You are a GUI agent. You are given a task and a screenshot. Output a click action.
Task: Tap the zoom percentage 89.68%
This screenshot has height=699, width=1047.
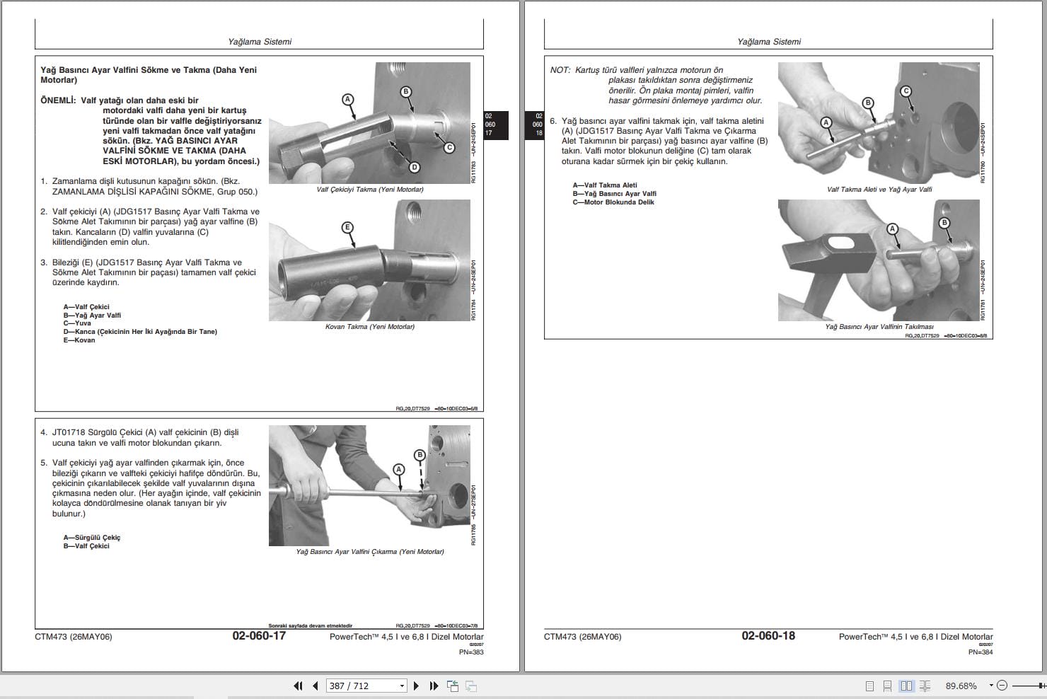(961, 686)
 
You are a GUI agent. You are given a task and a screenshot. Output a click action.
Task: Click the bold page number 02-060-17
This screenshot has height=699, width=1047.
(259, 635)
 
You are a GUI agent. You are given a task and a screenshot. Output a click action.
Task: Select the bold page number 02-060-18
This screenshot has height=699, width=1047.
(768, 635)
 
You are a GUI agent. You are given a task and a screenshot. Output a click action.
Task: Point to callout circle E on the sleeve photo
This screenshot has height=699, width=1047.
(347, 227)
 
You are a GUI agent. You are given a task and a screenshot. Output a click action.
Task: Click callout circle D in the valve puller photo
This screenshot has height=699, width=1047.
(415, 167)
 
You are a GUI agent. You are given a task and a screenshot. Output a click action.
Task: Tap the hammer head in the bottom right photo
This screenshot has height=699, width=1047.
(828, 258)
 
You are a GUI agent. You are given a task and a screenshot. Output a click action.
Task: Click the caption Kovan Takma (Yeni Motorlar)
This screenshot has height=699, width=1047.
(369, 327)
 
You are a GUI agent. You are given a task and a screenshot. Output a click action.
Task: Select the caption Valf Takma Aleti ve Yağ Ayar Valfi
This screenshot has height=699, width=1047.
(879, 190)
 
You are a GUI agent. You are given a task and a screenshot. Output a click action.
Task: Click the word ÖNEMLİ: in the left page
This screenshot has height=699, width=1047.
(58, 100)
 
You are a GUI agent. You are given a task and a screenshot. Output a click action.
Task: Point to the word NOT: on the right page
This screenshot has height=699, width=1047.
(560, 70)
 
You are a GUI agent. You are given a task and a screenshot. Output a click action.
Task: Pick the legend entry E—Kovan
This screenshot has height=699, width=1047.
(79, 340)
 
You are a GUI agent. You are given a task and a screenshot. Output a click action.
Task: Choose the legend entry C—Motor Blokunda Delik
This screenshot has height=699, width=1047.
(613, 202)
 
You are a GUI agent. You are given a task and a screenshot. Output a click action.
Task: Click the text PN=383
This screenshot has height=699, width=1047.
(471, 652)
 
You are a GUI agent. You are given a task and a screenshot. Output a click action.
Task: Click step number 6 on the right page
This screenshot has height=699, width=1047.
(553, 121)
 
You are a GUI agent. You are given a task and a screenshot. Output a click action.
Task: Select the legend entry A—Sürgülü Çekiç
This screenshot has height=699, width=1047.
(91, 538)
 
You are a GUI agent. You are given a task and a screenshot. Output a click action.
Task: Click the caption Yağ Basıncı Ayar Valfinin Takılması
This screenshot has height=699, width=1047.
(879, 327)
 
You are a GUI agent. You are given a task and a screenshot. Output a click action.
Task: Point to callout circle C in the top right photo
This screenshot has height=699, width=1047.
(906, 91)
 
